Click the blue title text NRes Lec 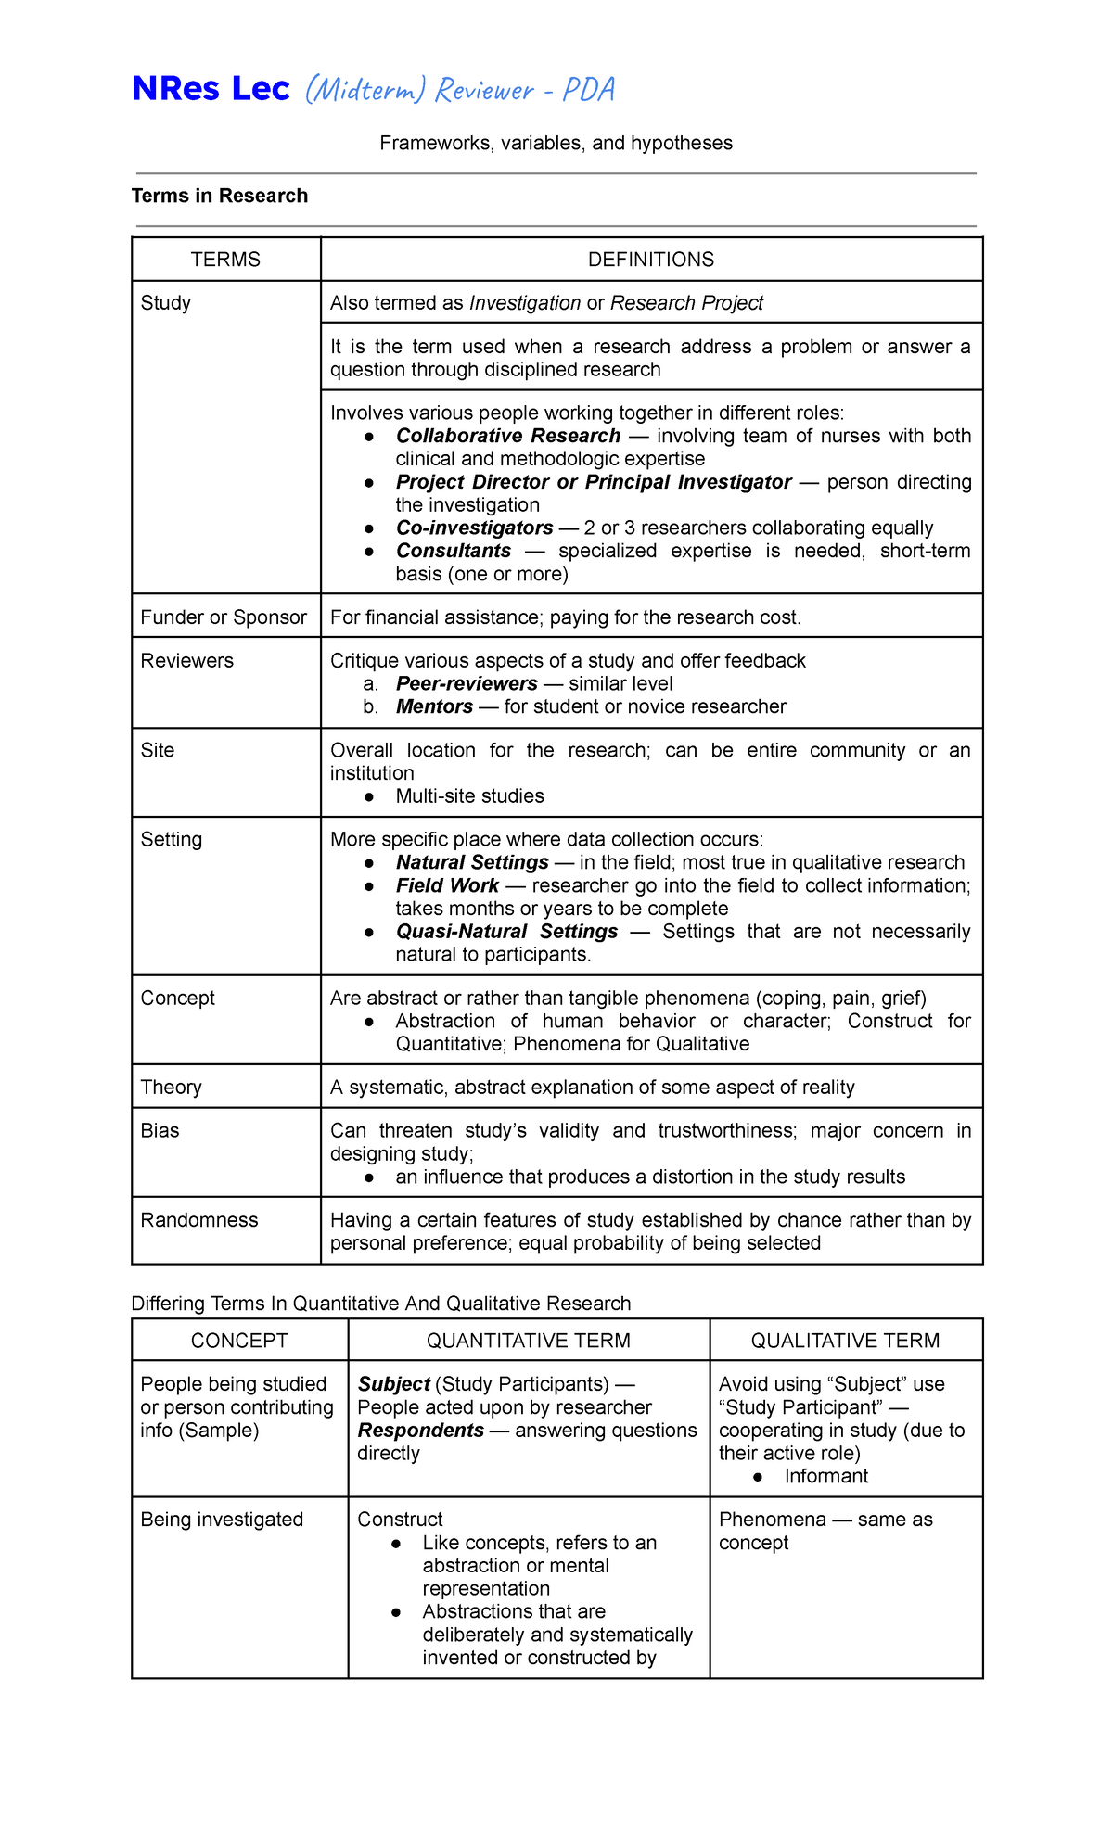(x=211, y=89)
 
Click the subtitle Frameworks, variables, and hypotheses (x=556, y=143)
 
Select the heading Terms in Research (x=220, y=196)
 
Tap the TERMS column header (x=225, y=260)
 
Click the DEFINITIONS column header (x=651, y=260)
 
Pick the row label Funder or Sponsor (x=224, y=617)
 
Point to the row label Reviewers (x=187, y=661)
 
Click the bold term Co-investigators (x=474, y=528)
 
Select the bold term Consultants (x=454, y=551)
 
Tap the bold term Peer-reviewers (x=467, y=683)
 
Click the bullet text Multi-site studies (x=469, y=796)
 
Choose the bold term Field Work (x=447, y=885)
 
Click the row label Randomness (x=199, y=1220)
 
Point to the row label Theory (x=171, y=1088)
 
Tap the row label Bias (x=160, y=1131)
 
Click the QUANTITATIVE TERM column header (x=529, y=1341)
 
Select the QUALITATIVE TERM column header (x=845, y=1341)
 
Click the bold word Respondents (x=420, y=1431)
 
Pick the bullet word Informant (x=825, y=1476)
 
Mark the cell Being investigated (x=222, y=1520)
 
